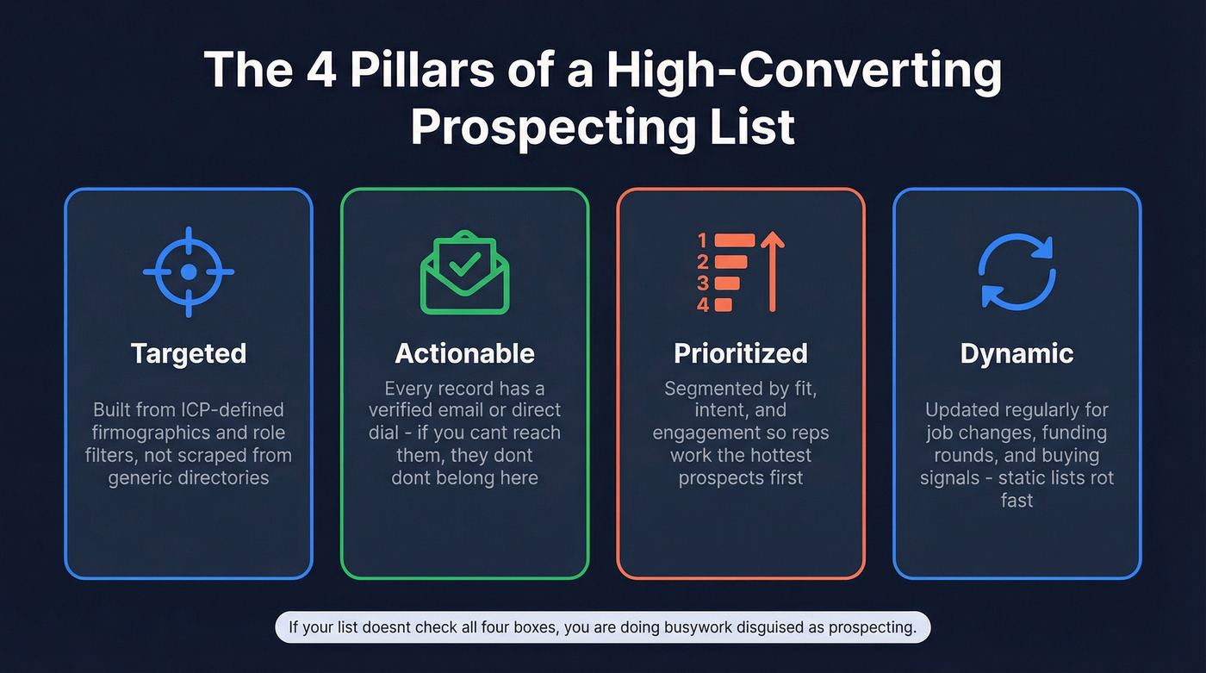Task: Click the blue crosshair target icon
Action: (x=189, y=271)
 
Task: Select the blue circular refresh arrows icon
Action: (x=1017, y=271)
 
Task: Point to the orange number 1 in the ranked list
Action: (x=703, y=240)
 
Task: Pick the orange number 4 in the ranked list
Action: (x=703, y=304)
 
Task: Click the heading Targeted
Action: (x=189, y=353)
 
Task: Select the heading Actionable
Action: (x=464, y=353)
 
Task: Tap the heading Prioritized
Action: (x=741, y=353)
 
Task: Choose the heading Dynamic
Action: (x=1017, y=353)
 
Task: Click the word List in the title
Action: (x=749, y=126)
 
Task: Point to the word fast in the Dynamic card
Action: (x=1016, y=500)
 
